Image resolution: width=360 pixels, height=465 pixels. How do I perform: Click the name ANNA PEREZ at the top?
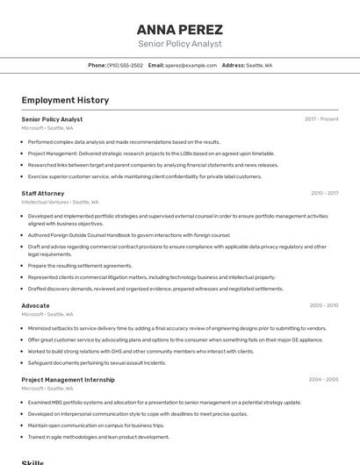click(180, 29)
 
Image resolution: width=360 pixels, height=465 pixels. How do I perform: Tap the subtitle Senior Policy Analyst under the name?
click(180, 44)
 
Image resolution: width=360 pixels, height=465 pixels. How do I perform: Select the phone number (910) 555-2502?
click(125, 65)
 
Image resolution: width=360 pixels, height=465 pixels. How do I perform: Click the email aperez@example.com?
click(191, 65)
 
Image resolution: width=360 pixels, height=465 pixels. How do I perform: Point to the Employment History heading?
click(65, 100)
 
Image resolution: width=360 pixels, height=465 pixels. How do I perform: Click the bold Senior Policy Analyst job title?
click(52, 119)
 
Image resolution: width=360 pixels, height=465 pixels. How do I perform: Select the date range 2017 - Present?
click(321, 119)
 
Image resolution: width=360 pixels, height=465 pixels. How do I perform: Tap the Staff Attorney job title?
click(43, 193)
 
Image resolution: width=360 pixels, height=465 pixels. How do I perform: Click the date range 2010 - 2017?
click(324, 193)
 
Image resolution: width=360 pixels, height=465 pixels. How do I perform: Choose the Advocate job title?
click(36, 305)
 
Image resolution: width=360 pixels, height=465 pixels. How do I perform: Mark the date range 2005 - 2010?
click(324, 305)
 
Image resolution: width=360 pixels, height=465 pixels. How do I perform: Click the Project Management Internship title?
click(68, 380)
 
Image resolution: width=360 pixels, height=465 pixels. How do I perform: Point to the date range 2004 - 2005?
click(323, 380)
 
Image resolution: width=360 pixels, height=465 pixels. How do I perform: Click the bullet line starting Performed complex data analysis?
click(124, 141)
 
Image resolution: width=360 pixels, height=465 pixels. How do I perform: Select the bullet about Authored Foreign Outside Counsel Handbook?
click(128, 235)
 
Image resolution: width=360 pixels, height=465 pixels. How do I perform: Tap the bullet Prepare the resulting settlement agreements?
click(80, 266)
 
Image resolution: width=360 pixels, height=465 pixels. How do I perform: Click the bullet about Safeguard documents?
click(97, 362)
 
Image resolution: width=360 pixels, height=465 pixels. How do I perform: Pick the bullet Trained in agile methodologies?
click(98, 437)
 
